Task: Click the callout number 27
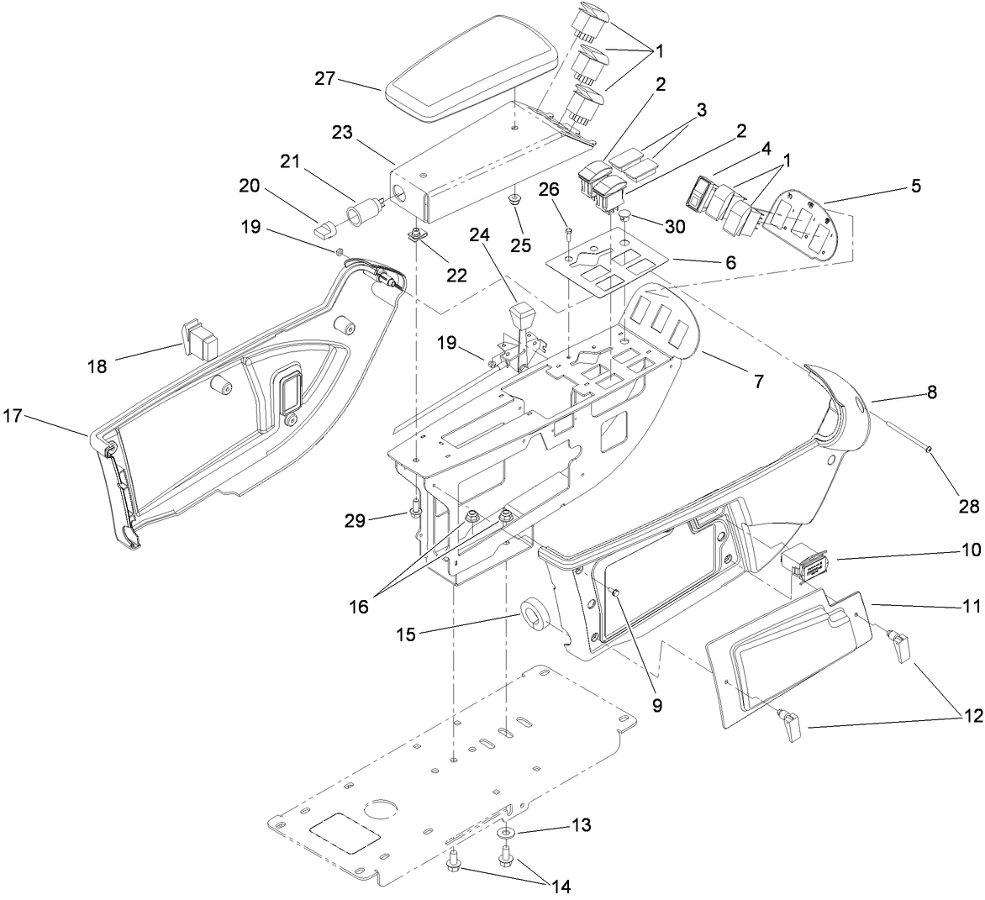325,79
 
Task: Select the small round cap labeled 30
625,218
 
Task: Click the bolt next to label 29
414,509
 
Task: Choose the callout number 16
359,606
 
